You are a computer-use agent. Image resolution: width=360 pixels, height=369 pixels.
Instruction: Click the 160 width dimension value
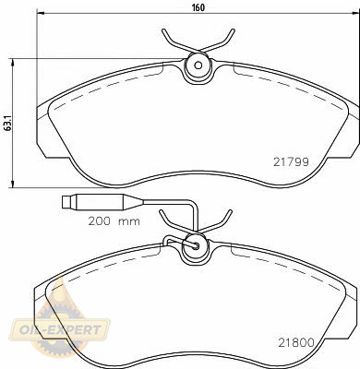[x=198, y=7]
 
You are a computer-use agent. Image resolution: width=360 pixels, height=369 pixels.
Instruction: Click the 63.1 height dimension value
[x=7, y=123]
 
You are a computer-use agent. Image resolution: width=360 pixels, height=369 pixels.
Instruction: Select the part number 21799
[x=291, y=161]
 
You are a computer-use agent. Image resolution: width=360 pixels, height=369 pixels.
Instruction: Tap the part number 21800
[x=296, y=342]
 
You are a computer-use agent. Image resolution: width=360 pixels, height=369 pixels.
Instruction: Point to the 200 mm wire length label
[x=114, y=221]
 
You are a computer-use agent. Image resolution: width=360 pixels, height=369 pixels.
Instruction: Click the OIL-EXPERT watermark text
[x=60, y=330]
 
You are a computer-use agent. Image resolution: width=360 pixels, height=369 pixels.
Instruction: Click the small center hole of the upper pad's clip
[x=198, y=65]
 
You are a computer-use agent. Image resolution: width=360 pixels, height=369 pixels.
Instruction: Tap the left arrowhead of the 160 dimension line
[x=39, y=13]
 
